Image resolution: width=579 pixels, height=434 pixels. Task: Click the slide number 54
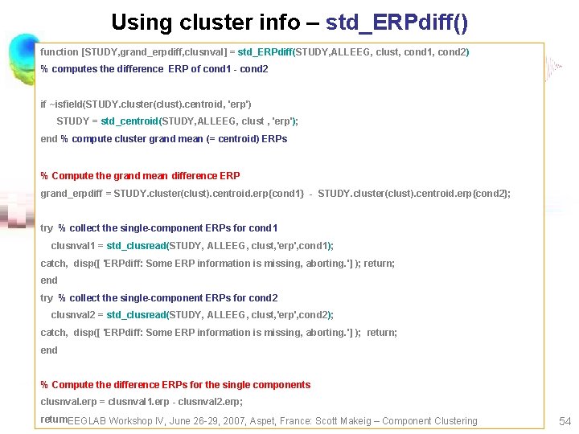564,420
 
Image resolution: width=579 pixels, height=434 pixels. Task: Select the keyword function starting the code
60,52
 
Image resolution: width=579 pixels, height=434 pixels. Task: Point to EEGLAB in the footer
87,421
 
